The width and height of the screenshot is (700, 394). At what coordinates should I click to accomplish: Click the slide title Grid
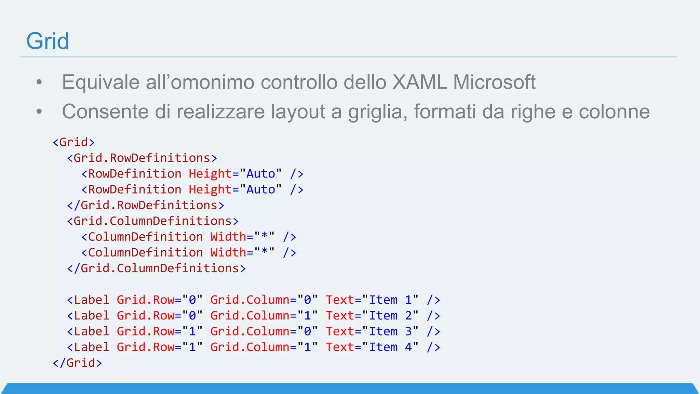[x=48, y=41]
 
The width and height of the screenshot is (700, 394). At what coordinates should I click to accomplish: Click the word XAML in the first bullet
[x=419, y=82]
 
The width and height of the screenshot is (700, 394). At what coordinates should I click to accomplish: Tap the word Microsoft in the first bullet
[x=494, y=82]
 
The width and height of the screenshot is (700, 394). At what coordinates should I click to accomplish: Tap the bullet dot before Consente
[x=39, y=111]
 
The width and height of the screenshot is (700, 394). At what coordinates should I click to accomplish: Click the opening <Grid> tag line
[x=73, y=142]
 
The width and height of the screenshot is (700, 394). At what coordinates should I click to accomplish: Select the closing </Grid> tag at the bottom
[x=77, y=363]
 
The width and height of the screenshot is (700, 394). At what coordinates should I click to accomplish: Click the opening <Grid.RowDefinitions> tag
[x=142, y=158]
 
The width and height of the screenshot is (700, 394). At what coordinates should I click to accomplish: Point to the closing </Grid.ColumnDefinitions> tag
[x=156, y=268]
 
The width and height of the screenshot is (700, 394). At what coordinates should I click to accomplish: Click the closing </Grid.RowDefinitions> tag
[x=146, y=205]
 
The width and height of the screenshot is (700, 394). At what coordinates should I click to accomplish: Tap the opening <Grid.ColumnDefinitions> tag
[x=153, y=221]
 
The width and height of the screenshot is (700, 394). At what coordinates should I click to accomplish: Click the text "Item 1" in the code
[x=390, y=300]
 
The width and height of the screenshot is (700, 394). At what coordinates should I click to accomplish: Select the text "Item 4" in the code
[x=390, y=347]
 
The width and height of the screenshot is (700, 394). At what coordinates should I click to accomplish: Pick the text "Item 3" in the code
[x=390, y=331]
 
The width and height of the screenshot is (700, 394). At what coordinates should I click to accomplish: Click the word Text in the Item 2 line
[x=339, y=316]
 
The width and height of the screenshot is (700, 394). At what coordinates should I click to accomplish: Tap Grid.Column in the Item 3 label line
[x=250, y=331]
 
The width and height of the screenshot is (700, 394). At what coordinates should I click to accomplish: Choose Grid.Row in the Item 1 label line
[x=145, y=300]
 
